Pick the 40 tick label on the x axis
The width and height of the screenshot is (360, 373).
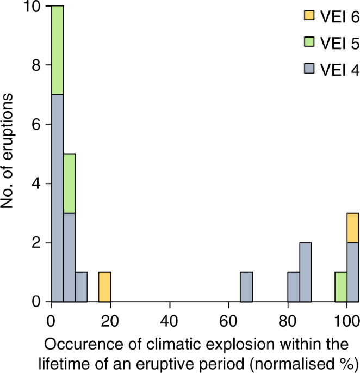pos(170,321)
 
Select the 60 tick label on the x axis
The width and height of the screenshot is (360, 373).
pos(229,321)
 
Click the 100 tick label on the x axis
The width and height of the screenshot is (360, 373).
pos(346,321)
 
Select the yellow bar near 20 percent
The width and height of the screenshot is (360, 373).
pos(104,286)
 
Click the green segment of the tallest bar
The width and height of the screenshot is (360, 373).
pos(58,50)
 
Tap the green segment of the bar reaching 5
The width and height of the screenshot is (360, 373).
pos(69,183)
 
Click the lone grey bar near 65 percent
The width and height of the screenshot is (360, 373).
pos(246,286)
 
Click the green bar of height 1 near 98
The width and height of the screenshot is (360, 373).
pos(341,286)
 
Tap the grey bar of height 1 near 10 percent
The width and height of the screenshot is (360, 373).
pos(81,286)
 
